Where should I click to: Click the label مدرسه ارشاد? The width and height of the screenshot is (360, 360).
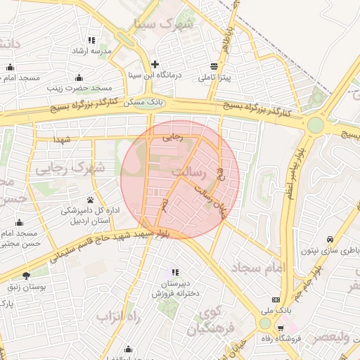(91, 52)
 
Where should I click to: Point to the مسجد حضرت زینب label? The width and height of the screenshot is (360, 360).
(79, 89)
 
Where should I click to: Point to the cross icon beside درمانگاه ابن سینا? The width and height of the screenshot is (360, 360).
(155, 63)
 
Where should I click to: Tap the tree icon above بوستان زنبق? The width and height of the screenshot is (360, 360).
(27, 276)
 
